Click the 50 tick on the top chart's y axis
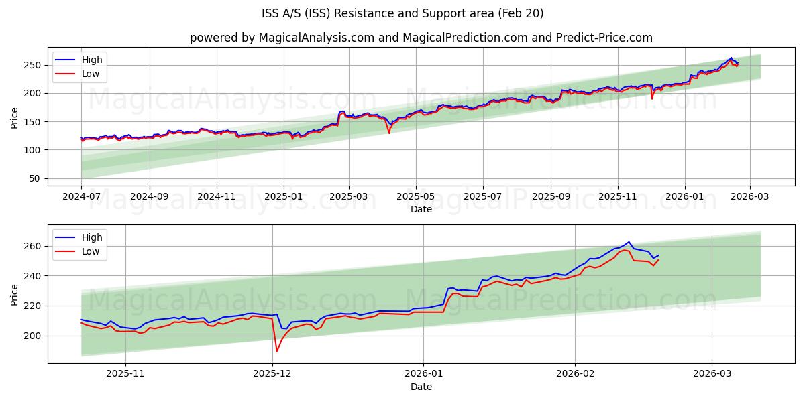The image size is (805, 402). [x=36, y=178]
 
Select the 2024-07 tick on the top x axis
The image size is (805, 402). [x=81, y=198]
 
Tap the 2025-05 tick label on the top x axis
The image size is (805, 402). [x=415, y=198]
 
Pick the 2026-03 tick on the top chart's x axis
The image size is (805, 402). [x=749, y=198]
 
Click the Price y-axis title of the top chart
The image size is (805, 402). [x=15, y=117]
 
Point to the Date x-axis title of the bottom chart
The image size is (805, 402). [x=421, y=387]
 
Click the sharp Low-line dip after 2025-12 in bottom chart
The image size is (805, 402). [x=276, y=351]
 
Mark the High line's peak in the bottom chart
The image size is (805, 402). [x=629, y=242]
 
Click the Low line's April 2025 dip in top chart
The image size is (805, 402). [x=388, y=133]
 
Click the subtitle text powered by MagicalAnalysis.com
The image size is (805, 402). [x=421, y=38]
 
